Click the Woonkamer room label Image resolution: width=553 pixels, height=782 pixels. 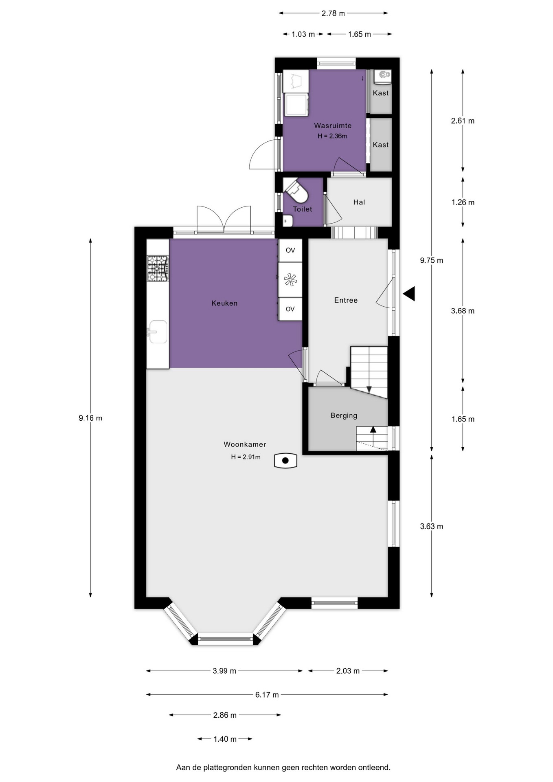(x=245, y=444)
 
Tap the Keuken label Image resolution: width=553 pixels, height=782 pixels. (x=224, y=303)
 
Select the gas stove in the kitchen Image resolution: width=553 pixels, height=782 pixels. (x=158, y=268)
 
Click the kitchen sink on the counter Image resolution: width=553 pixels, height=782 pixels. (x=157, y=332)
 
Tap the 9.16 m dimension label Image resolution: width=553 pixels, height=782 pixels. (x=90, y=418)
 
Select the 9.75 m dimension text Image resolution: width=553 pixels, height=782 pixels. (x=432, y=260)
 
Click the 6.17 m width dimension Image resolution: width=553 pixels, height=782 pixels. (x=267, y=694)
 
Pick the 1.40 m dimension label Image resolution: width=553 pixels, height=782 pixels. (x=225, y=739)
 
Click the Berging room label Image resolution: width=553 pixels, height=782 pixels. (x=344, y=415)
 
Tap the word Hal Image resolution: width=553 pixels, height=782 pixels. (x=359, y=202)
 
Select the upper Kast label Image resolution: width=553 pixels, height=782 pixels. (x=381, y=93)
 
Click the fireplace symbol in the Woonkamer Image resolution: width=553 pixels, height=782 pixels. (x=285, y=461)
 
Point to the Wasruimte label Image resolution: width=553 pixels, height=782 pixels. (x=333, y=125)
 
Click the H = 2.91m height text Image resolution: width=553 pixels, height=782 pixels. (x=246, y=457)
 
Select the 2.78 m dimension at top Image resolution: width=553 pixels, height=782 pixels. (x=333, y=13)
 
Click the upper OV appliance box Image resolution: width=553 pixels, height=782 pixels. (x=290, y=250)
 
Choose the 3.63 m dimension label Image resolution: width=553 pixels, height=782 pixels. (x=432, y=526)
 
